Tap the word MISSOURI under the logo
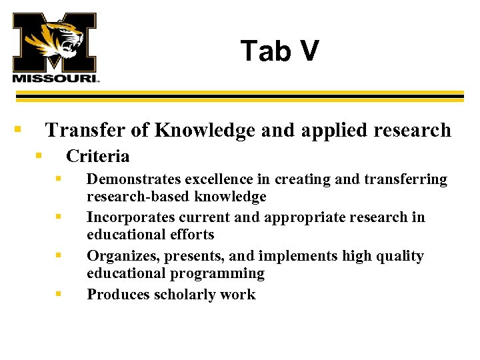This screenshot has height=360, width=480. (x=55, y=77)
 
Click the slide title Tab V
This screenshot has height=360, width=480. (x=279, y=51)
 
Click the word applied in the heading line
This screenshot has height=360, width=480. (x=331, y=131)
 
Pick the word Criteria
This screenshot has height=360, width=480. (x=97, y=157)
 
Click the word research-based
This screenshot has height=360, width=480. (x=129, y=197)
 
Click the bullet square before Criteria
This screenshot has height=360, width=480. (x=39, y=155)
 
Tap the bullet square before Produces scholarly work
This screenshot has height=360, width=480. (x=59, y=293)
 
